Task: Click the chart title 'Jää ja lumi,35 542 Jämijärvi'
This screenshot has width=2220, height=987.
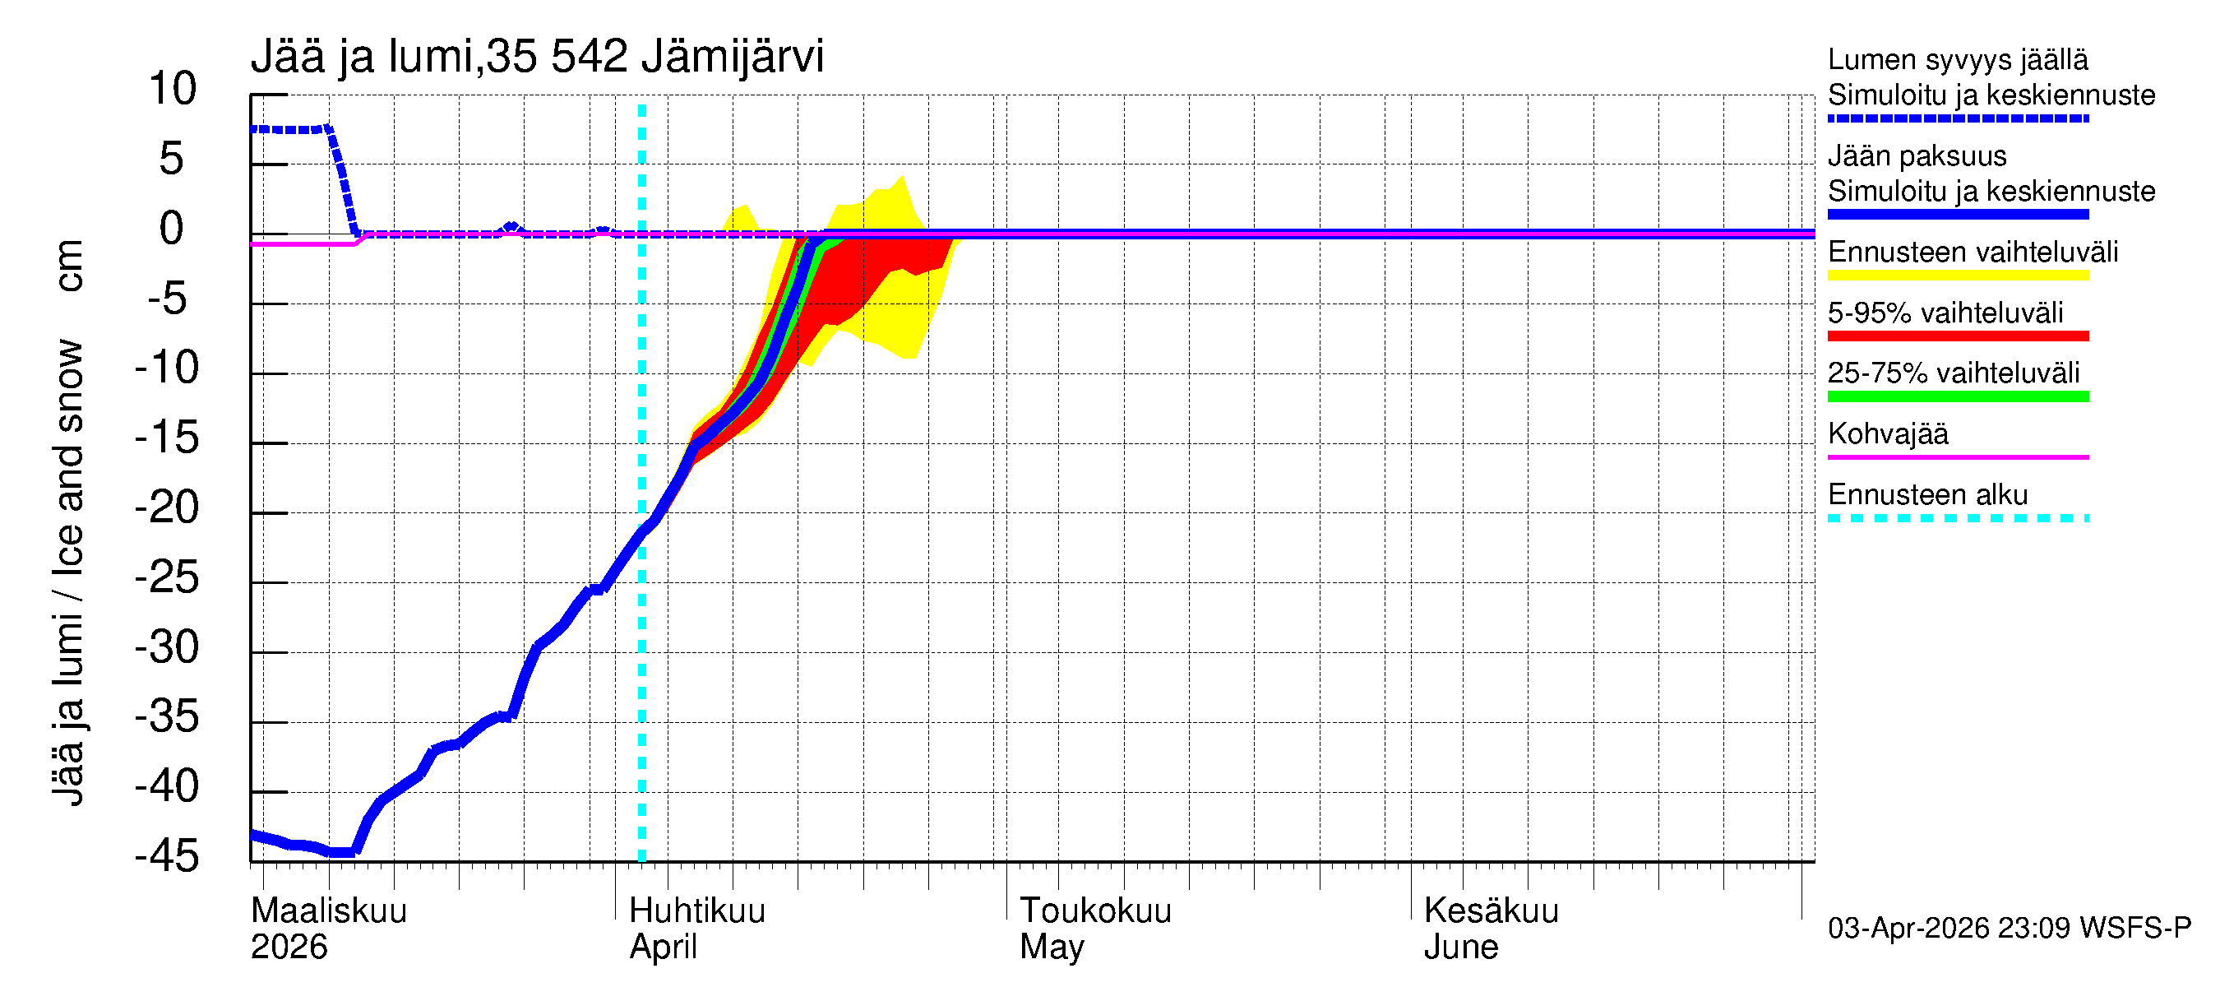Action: [537, 57]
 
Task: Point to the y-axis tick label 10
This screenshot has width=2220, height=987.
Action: [173, 89]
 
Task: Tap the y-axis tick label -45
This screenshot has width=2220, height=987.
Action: [167, 856]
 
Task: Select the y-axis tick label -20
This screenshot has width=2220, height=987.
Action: [167, 507]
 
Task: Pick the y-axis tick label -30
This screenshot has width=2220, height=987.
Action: [167, 646]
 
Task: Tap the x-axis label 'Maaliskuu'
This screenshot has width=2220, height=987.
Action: [328, 911]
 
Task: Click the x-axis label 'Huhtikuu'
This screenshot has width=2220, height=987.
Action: [697, 911]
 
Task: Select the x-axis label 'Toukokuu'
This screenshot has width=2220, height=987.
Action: [1095, 911]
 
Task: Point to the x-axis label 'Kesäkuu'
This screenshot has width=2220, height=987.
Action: [1491, 911]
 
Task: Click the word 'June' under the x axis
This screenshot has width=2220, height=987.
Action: [1461, 948]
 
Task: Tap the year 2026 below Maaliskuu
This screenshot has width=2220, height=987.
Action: [289, 948]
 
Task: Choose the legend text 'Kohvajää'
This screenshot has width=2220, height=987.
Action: [1887, 433]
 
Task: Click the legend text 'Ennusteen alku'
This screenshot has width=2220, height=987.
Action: [1928, 495]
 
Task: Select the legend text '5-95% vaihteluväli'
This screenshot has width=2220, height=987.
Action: [1945, 313]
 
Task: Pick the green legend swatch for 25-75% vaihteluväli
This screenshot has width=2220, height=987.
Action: [1957, 396]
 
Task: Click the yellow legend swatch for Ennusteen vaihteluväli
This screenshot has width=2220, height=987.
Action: [1957, 276]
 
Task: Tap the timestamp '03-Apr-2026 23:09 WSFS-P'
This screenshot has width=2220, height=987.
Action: [2009, 929]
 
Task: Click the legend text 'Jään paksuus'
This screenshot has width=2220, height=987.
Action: [1917, 156]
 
